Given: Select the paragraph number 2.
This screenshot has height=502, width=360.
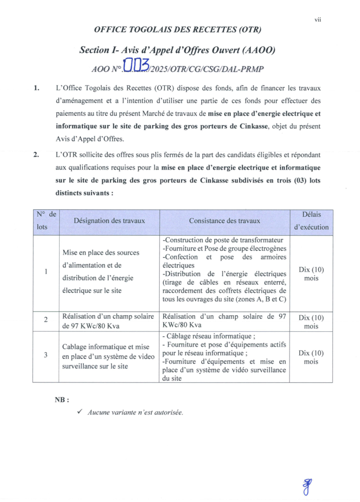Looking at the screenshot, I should (x=36, y=155).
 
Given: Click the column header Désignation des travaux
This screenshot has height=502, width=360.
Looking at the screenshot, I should (x=109, y=221).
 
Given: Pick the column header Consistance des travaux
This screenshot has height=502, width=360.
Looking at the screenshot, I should (x=224, y=221).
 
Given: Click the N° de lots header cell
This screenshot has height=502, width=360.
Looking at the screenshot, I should (x=46, y=221).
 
